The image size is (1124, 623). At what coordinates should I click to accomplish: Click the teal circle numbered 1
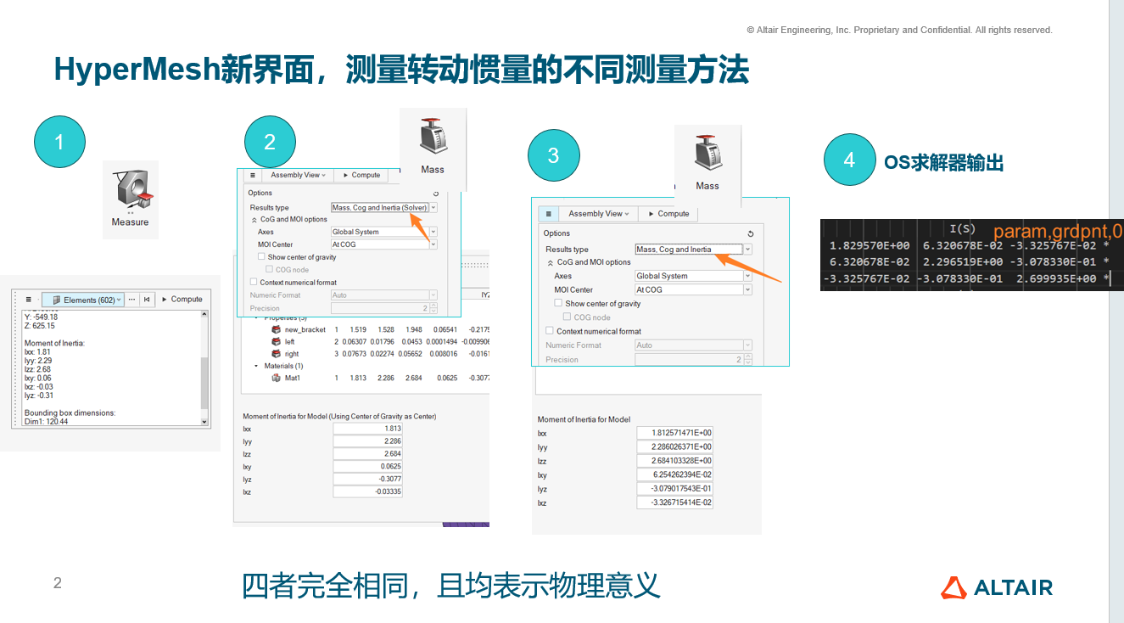59,143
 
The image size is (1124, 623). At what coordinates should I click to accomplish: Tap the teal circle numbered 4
849,160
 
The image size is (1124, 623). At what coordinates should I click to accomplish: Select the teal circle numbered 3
553,155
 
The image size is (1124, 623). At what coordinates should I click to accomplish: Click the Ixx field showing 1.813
367,429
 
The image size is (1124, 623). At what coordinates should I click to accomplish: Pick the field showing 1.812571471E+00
675,433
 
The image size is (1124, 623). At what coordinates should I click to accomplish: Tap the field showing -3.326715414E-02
675,503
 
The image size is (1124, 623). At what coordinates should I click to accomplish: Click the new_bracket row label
305,329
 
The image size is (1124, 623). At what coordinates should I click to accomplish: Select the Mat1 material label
292,378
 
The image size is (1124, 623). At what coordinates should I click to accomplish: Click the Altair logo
997,587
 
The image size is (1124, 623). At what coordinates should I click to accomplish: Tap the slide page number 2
58,583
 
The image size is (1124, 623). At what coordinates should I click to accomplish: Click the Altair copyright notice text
899,30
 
